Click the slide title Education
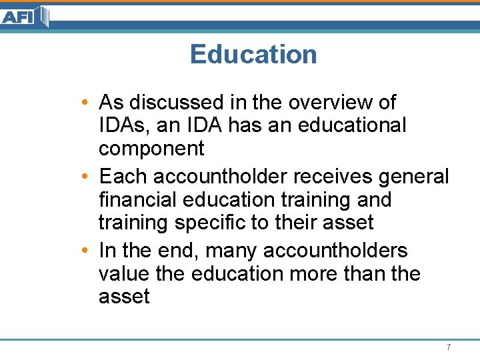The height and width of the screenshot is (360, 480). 253,54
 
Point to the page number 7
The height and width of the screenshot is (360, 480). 449,347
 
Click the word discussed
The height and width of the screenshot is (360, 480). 167,103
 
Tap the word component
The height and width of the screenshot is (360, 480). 151,149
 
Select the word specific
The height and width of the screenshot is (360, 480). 209,222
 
